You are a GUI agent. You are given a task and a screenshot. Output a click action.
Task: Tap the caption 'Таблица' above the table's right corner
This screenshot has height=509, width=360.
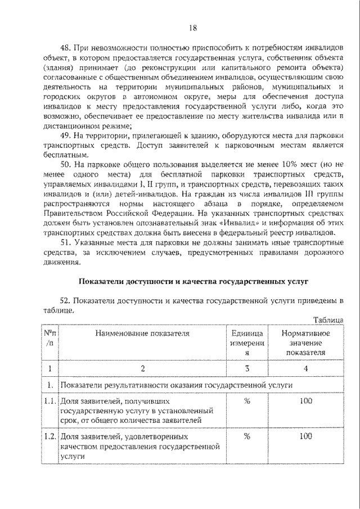pos(328,320)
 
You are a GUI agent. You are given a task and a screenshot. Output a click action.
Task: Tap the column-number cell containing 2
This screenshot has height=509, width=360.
pos(143,369)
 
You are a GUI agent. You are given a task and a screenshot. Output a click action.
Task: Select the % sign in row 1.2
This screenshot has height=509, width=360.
pos(246,436)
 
